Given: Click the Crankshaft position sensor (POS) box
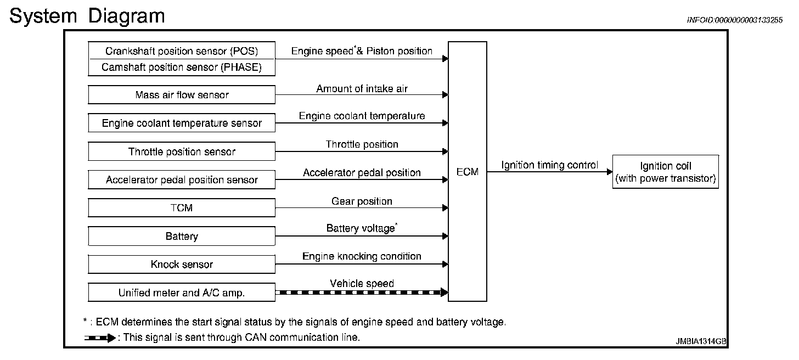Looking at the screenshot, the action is (x=182, y=50).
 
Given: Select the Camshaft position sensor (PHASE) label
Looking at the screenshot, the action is (x=182, y=67).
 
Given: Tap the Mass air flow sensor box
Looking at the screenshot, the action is (x=182, y=94).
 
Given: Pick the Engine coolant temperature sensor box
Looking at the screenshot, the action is (x=182, y=123).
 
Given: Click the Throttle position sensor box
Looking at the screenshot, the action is (x=182, y=151).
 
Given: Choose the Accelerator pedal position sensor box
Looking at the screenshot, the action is (x=182, y=179).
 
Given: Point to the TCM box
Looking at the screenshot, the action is (x=182, y=207).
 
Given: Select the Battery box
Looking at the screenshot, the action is (x=182, y=236).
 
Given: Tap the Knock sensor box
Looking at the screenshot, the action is (x=182, y=264).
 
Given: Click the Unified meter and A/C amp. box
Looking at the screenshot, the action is (x=182, y=292).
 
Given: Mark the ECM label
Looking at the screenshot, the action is (x=468, y=172).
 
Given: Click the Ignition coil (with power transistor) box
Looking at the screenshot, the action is (x=666, y=172).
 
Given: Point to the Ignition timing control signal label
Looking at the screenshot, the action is (x=550, y=165).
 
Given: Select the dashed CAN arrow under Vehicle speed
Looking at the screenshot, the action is (x=362, y=292).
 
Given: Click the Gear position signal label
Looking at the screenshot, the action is (x=362, y=201).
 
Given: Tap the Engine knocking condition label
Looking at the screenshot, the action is (x=362, y=256).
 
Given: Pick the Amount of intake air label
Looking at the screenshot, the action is (x=362, y=88).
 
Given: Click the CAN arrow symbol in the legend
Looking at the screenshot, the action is (x=100, y=337).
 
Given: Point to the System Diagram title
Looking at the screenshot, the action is (x=87, y=16).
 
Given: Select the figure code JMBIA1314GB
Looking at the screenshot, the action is (x=701, y=341).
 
